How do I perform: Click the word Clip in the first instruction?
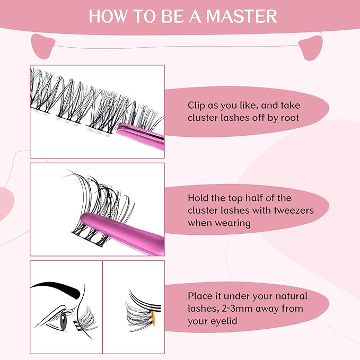[x=198, y=105]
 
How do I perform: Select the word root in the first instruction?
[x=288, y=117]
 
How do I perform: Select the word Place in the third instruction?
[x=200, y=296]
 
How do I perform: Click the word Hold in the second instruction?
[x=199, y=198]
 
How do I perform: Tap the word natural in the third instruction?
[x=291, y=296]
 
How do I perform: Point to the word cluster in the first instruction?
[x=203, y=117]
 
